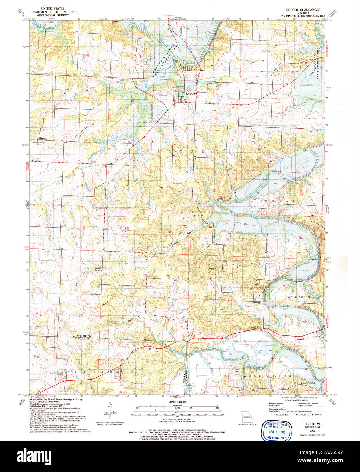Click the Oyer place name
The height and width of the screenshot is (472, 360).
42,138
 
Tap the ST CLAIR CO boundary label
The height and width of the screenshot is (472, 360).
82,336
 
